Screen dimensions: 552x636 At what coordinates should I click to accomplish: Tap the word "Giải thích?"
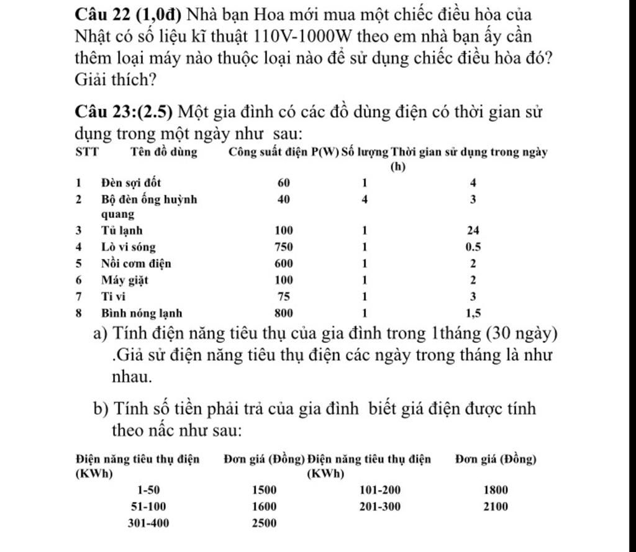coord(115,79)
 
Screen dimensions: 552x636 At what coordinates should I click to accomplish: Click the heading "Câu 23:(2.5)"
coord(124,112)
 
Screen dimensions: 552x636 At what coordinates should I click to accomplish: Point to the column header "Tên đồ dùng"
coord(164,152)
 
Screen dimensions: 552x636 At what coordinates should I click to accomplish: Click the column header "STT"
coord(86,152)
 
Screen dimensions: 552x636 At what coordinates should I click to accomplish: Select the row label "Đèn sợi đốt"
coord(131,183)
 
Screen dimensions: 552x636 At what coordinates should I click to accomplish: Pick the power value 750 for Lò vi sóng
coord(284,247)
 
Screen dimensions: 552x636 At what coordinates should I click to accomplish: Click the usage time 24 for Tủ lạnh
coord(473,230)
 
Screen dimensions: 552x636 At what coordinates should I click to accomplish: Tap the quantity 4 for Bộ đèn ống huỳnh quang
coord(365,199)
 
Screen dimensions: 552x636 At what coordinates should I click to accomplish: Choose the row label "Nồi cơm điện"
coord(136,263)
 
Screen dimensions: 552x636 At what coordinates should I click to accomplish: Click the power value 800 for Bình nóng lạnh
coord(284,314)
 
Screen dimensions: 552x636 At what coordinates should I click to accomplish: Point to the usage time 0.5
coord(473,247)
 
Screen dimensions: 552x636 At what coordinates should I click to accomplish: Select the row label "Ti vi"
coord(113,297)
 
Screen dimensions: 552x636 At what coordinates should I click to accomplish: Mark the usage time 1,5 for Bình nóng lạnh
coord(473,314)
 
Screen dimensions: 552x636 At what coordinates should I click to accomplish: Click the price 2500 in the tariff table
coord(264,523)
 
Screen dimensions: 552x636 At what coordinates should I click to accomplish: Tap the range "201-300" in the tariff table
coord(380,506)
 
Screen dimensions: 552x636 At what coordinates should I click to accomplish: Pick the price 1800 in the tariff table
coord(495,489)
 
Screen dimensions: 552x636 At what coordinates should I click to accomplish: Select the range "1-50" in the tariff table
coord(148,489)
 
